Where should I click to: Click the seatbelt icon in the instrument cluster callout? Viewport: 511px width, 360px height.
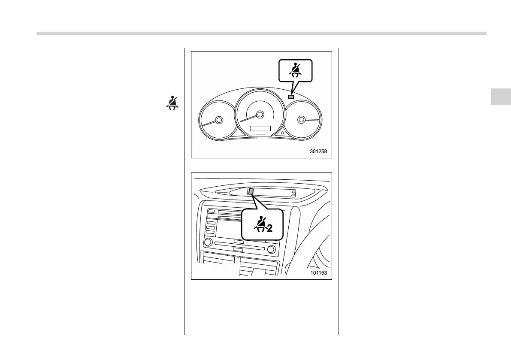coord(296,70)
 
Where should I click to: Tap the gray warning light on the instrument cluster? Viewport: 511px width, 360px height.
coord(291,97)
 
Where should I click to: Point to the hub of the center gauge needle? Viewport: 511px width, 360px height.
coord(259,114)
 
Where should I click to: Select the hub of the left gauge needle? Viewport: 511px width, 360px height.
coord(219,120)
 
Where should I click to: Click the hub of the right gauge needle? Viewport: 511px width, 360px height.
coord(302,119)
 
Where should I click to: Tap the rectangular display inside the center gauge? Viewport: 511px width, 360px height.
coord(260,128)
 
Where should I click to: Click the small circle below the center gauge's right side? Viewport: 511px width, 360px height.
coord(283,133)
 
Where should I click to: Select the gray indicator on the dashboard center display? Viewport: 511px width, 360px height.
coord(251,192)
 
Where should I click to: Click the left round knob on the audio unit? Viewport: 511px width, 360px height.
coord(208,242)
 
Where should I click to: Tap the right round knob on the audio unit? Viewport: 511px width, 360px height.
coord(271,249)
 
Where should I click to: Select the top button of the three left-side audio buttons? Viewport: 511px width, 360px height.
coord(210,223)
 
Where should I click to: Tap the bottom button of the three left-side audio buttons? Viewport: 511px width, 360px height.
coord(210,232)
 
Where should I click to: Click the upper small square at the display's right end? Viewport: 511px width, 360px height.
coord(293,192)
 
